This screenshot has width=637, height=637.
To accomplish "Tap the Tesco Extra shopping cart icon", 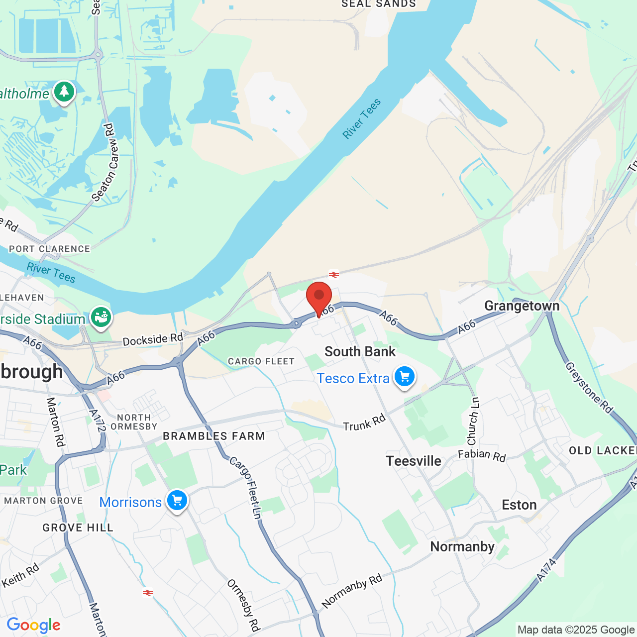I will [405, 377].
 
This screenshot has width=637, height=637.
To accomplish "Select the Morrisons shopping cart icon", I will [177, 500].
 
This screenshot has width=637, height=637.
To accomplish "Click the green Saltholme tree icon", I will [64, 92].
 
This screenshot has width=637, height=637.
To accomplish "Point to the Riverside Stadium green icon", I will [101, 317].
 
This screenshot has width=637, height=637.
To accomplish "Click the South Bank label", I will [360, 351].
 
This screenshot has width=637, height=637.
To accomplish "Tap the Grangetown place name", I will [522, 306].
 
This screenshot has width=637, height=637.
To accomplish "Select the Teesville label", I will [414, 461].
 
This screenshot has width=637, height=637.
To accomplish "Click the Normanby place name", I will [462, 546].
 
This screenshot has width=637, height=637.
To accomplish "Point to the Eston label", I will [519, 505].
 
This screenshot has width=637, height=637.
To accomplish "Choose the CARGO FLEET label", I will [261, 361].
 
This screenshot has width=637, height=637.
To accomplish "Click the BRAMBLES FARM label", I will [214, 436].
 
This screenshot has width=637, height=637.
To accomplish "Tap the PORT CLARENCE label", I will [50, 249].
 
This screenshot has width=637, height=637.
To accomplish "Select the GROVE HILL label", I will [78, 528].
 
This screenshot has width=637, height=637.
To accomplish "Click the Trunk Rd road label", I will [364, 423].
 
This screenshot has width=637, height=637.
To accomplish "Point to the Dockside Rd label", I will [153, 339].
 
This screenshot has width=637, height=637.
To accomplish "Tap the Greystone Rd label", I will [589, 388].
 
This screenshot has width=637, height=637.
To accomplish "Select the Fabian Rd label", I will [482, 455].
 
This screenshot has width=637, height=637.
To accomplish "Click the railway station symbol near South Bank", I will [334, 274].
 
